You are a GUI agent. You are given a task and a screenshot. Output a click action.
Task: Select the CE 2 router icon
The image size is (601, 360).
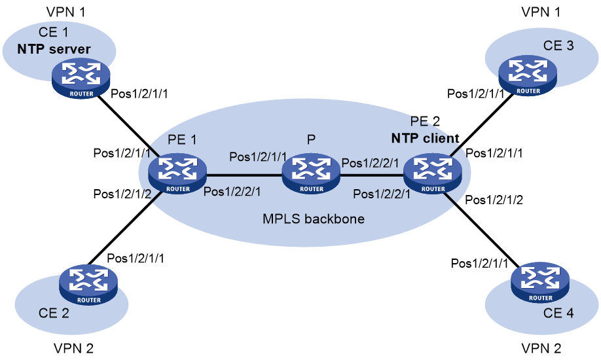[x=88, y=285]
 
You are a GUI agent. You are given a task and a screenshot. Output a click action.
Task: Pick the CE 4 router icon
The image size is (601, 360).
[x=540, y=283]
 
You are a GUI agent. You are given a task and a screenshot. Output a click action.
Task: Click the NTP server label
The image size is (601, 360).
[x=54, y=49]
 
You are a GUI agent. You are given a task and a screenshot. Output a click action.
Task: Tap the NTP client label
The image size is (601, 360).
[x=425, y=138]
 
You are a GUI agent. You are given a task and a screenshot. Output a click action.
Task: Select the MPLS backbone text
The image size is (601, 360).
[x=314, y=219]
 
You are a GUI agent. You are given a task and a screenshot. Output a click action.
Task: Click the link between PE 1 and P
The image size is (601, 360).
[x=244, y=175]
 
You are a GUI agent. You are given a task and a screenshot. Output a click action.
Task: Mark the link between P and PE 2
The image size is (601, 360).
[x=372, y=175]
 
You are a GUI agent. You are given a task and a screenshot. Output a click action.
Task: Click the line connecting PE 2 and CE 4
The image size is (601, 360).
[x=481, y=230]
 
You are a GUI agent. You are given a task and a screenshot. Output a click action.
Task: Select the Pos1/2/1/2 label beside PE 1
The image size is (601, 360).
[x=122, y=194]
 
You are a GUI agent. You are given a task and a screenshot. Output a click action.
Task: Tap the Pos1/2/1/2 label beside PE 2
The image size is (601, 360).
[x=494, y=200]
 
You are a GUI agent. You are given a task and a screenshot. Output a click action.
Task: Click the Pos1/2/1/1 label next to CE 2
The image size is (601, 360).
[x=136, y=259]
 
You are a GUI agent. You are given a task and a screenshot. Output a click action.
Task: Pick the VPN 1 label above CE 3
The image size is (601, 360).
[x=541, y=12]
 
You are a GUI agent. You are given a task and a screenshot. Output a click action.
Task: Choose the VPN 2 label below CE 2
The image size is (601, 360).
[x=73, y=348]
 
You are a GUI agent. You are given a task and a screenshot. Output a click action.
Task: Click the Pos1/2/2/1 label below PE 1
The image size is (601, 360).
[x=232, y=191]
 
